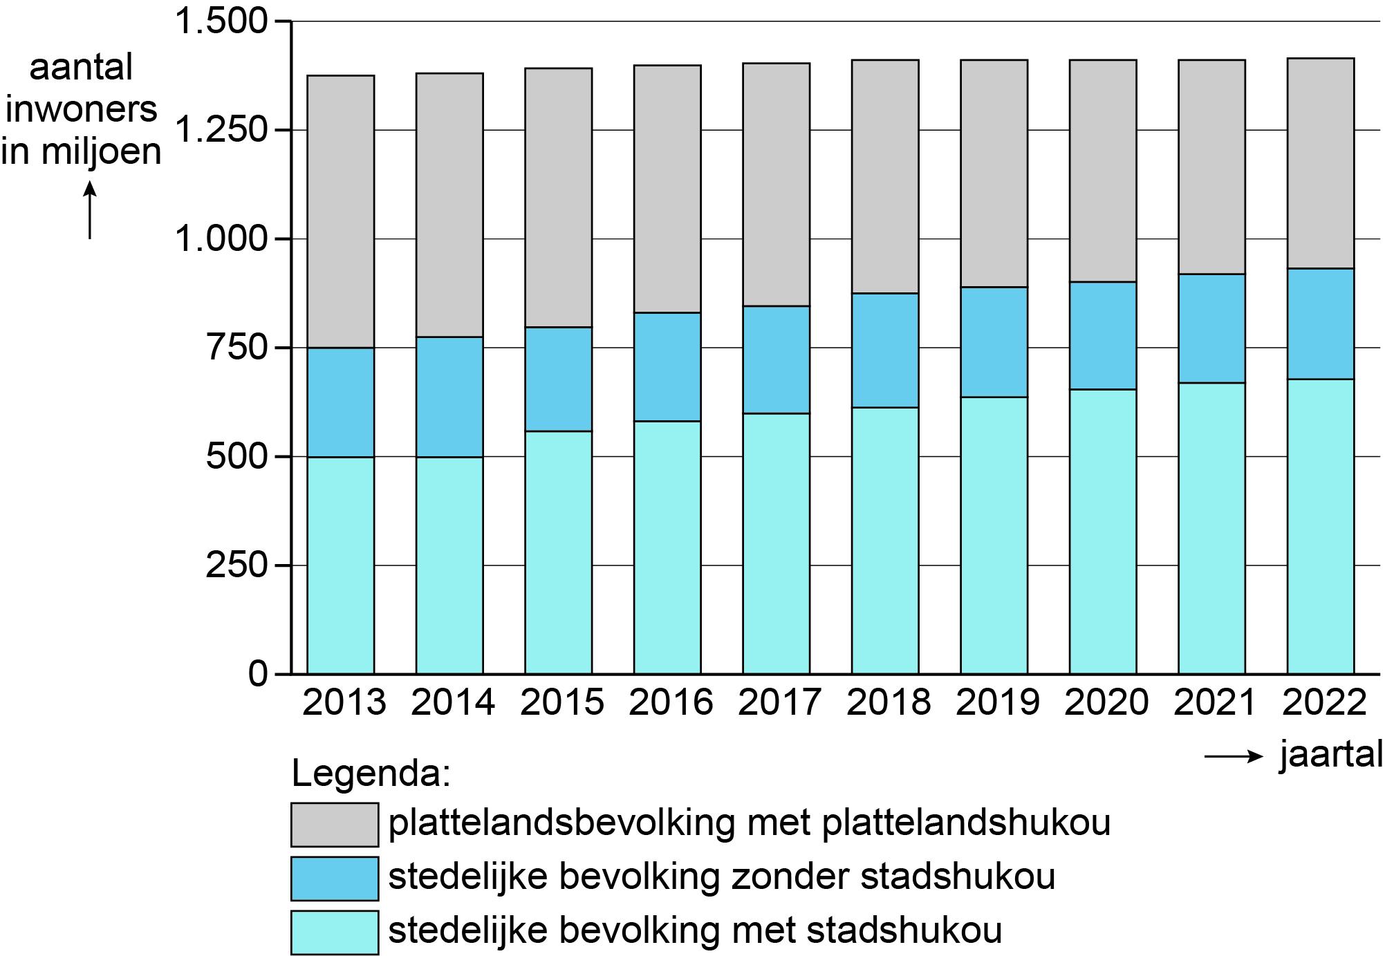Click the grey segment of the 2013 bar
tap(341, 211)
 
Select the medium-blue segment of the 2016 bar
tap(667, 366)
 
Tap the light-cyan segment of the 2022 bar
tap(1320, 525)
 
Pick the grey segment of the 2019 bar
tap(994, 173)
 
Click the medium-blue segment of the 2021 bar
tap(1211, 328)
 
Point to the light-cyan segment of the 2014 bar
tap(449, 565)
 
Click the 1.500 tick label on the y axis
tap(221, 22)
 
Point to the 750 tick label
tap(236, 348)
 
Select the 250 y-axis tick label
tap(236, 565)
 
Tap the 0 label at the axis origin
tap(258, 674)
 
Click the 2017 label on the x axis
tap(779, 703)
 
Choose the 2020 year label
tap(1106, 703)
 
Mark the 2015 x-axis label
tap(561, 703)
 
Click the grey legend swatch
tap(335, 824)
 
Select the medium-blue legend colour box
tap(335, 878)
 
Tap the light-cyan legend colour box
tap(335, 932)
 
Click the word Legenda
tap(371, 774)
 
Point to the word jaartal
tap(1330, 756)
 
